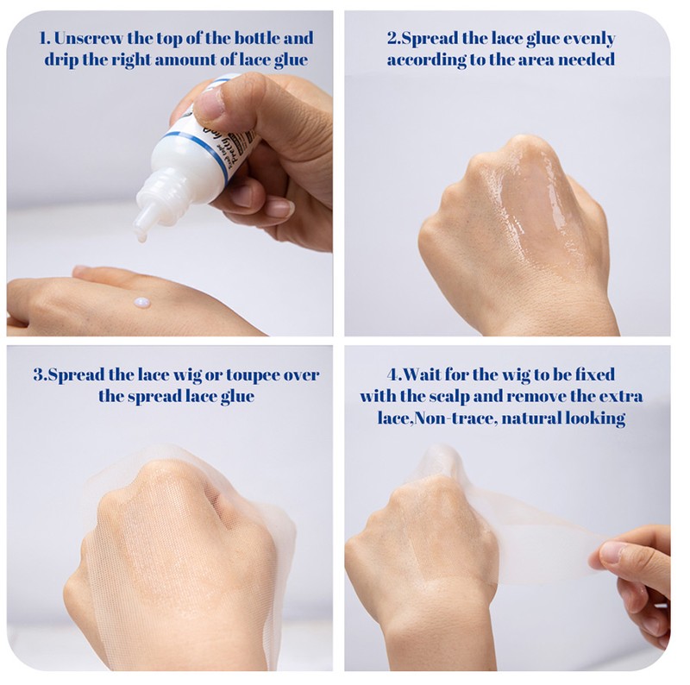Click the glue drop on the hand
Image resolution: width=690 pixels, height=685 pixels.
pyautogui.click(x=142, y=303)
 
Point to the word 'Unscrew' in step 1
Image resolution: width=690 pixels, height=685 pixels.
pyautogui.click(x=88, y=38)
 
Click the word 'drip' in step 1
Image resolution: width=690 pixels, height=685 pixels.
pyautogui.click(x=60, y=60)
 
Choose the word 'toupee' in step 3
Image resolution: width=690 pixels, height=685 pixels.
pyautogui.click(x=252, y=375)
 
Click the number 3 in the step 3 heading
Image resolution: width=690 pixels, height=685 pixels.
pyautogui.click(x=38, y=375)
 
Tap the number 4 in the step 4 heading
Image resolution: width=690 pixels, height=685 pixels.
pyautogui.click(x=392, y=375)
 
